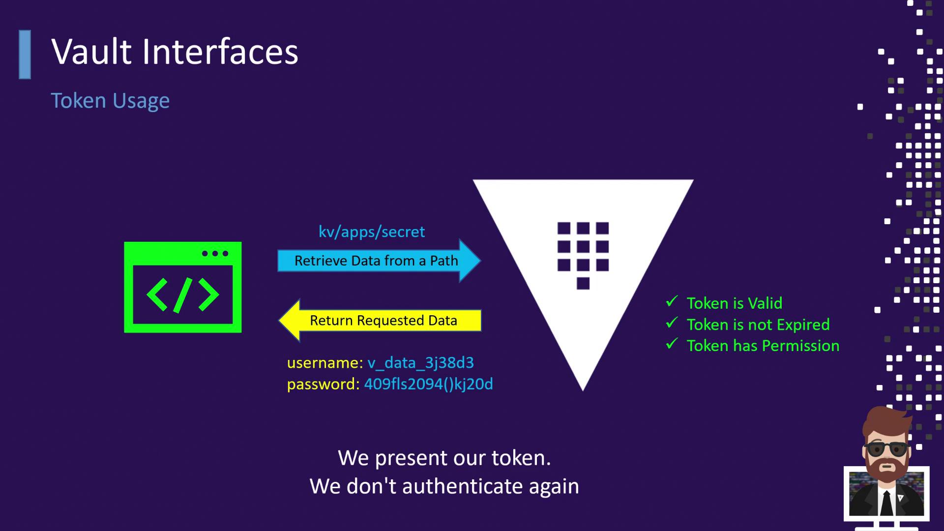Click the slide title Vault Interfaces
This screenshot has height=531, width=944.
click(175, 51)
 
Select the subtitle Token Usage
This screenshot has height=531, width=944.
click(110, 101)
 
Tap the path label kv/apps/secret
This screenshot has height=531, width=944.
click(372, 232)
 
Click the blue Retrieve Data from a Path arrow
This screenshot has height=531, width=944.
click(379, 261)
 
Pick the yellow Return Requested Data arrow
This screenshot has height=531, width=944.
click(380, 321)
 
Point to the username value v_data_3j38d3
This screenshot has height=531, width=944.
click(421, 363)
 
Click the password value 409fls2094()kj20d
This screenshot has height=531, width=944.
click(428, 384)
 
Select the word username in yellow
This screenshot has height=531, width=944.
click(325, 363)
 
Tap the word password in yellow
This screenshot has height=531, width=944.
click(323, 384)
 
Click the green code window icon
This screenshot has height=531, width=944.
click(183, 287)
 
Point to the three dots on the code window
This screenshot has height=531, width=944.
click(215, 254)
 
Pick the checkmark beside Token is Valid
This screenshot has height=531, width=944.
click(672, 301)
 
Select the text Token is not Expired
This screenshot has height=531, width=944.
click(758, 324)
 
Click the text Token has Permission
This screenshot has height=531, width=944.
click(763, 346)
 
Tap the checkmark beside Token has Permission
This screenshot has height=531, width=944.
click(672, 344)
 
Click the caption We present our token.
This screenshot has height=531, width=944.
click(444, 458)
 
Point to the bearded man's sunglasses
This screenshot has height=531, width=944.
click(886, 449)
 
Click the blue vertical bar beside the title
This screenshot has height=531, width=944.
click(25, 55)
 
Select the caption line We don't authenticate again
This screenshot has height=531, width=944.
click(444, 486)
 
